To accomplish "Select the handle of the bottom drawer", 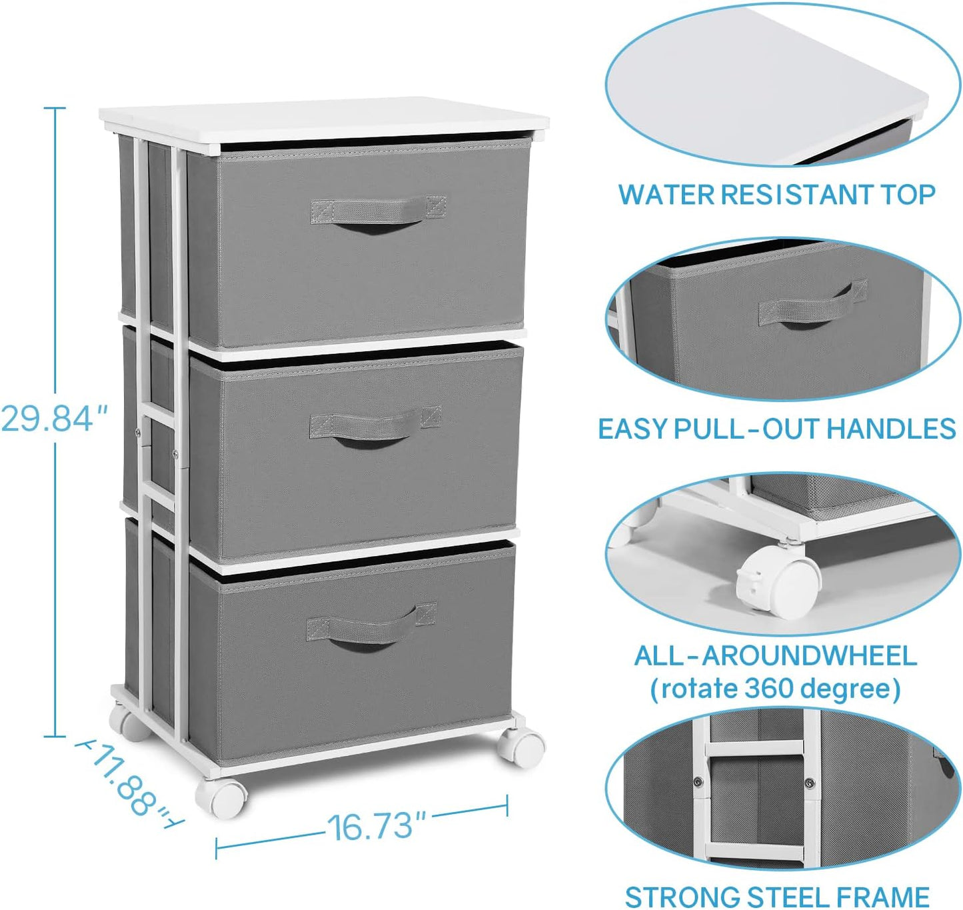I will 371,627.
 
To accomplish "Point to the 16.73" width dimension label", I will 376,827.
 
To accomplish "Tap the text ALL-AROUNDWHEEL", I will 775,656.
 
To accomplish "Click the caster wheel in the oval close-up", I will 780,579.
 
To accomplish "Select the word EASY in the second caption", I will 632,429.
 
